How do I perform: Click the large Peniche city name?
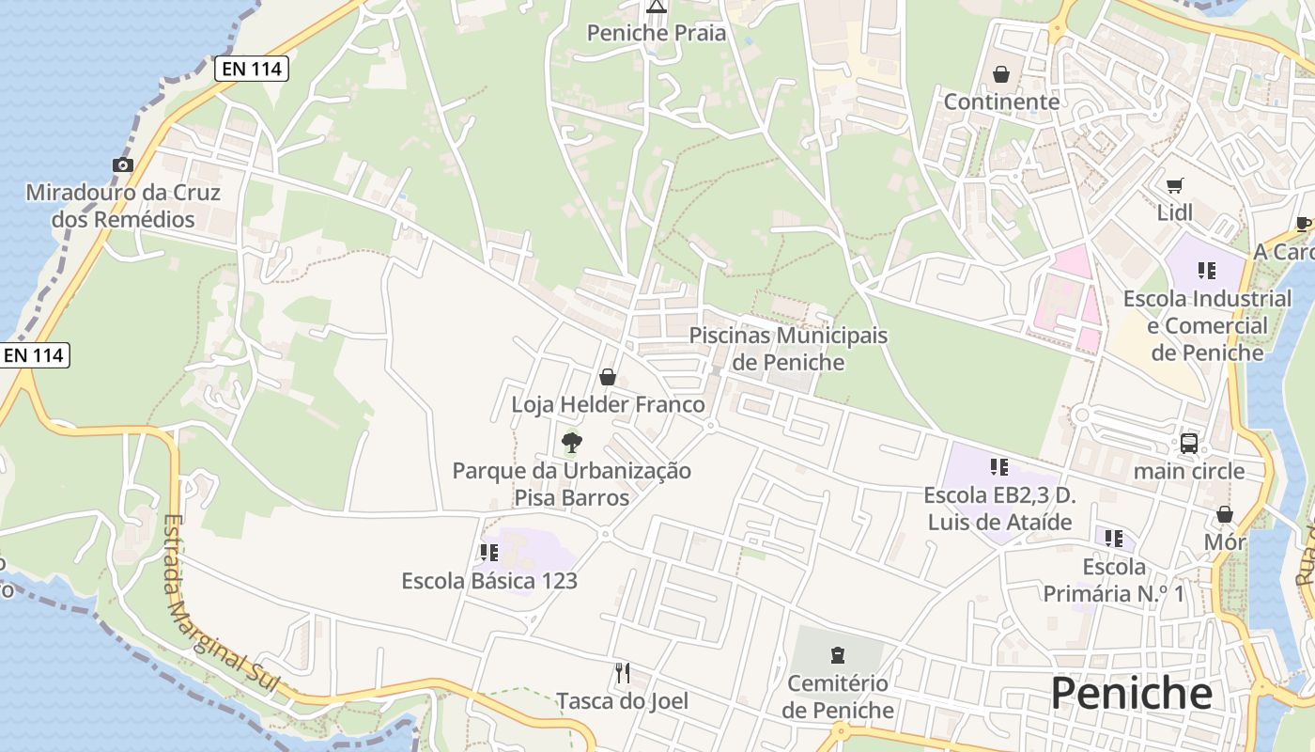tap(1131, 694)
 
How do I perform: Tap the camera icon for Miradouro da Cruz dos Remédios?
tap(122, 165)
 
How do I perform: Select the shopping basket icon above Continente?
tap(1001, 74)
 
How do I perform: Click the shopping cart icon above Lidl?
tap(1174, 185)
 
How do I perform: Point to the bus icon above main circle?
tap(1188, 443)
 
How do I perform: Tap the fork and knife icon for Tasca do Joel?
tap(622, 672)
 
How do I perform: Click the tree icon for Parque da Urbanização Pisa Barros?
tap(571, 442)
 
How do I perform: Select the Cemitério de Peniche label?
tap(838, 697)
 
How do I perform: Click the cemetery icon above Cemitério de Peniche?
tap(838, 655)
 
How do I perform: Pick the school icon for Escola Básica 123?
tap(488, 553)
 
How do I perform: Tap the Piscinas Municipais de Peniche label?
tap(788, 349)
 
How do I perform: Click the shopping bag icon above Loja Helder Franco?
tap(608, 377)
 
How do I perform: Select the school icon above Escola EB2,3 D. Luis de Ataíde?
tap(998, 467)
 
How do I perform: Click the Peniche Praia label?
tap(657, 33)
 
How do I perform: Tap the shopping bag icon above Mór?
tap(1224, 514)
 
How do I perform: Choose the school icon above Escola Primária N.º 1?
tap(1114, 539)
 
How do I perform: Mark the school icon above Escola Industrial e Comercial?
tap(1207, 272)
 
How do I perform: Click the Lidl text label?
tap(1174, 212)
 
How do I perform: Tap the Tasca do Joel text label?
tap(622, 701)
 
